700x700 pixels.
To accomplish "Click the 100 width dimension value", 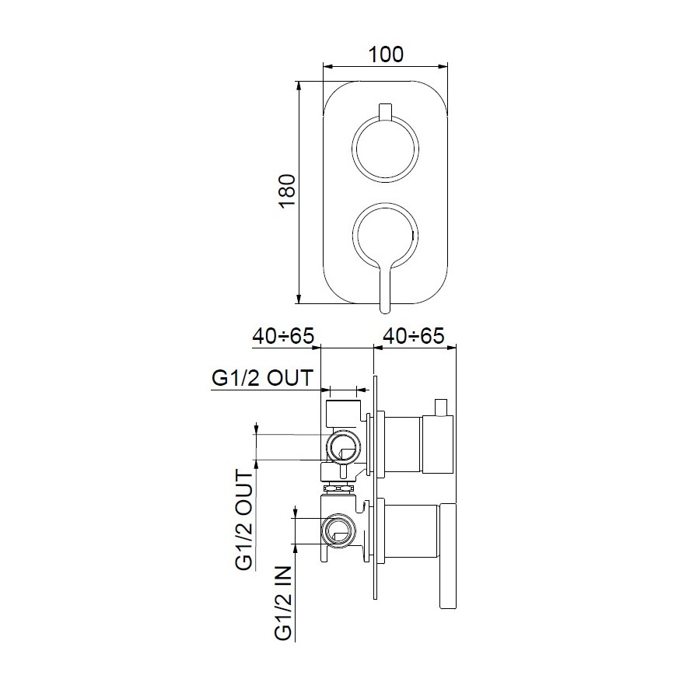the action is coord(386,54).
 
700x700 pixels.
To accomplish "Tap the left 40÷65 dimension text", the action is coord(283,336).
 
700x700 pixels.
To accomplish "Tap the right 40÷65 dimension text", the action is coord(414,336).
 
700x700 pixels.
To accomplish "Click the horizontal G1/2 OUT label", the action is coord(263,378).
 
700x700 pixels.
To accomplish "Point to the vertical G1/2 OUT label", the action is coord(244,520).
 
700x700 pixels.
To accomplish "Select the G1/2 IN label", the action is coord(283,603).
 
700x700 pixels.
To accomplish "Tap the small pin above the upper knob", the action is coord(385,112).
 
